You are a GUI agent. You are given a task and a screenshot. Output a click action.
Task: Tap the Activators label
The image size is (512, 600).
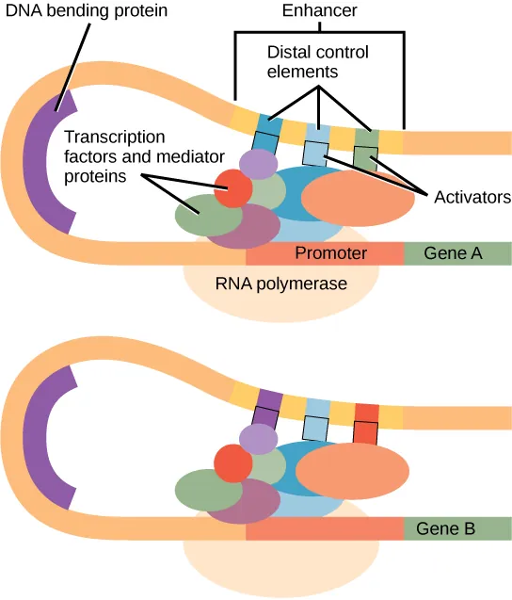tap(472, 198)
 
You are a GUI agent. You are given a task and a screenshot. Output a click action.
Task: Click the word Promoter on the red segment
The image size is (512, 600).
tap(325, 253)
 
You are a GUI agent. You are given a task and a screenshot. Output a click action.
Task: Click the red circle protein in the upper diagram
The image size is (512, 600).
tap(232, 188)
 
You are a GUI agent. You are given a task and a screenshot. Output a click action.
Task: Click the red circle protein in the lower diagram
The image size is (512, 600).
tap(232, 464)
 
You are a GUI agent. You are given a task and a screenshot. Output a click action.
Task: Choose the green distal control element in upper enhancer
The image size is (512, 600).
tap(366, 138)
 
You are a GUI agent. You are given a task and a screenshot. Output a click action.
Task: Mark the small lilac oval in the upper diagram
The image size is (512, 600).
tap(256, 164)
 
